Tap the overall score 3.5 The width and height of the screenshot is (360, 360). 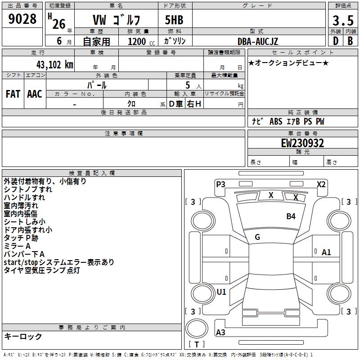pyautogui.click(x=342, y=21)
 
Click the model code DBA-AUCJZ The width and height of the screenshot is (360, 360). pyautogui.click(x=258, y=41)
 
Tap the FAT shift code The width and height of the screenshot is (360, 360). pyautogui.click(x=13, y=94)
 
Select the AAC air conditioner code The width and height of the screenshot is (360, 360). pyautogui.click(x=34, y=94)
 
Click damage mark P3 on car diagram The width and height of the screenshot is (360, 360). pyautogui.click(x=220, y=184)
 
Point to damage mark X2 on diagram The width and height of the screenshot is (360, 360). pyautogui.click(x=321, y=184)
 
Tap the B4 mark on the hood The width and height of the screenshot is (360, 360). pyautogui.click(x=291, y=216)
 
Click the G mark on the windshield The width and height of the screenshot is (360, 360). pyautogui.click(x=257, y=237)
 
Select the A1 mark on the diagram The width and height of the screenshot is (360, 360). pyautogui.click(x=326, y=252)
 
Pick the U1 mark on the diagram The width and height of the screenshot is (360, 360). pyautogui.click(x=221, y=292)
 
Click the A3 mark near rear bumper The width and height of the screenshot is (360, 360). pyautogui.click(x=220, y=333)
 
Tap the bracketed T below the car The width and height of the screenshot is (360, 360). pyautogui.click(x=197, y=345)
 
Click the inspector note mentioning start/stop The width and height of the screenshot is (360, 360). pyautogui.click(x=59, y=262)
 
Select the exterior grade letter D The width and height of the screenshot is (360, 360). pyautogui.click(x=335, y=41)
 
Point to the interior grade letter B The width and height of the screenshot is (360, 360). pyautogui.click(x=350, y=41)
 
